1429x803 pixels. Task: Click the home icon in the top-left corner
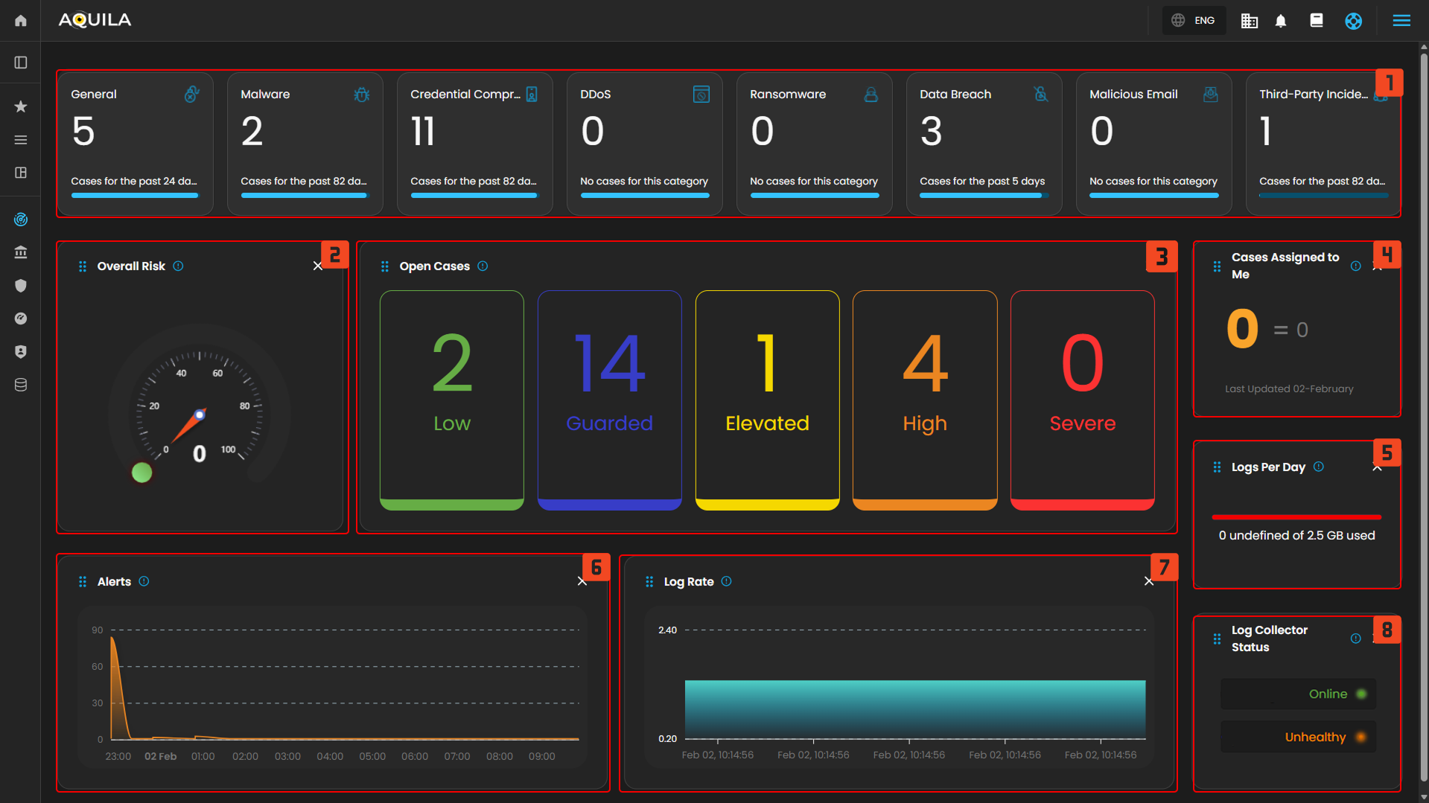21,21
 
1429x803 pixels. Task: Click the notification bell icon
1281,21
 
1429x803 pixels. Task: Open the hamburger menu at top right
1401,21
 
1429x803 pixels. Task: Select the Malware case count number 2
252,132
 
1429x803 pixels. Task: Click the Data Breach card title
955,95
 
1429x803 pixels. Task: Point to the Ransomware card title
788,95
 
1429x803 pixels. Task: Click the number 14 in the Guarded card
609,364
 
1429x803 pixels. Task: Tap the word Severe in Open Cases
1082,423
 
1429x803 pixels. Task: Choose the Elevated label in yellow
767,423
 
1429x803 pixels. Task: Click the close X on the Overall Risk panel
318,266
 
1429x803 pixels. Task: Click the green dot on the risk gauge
141,473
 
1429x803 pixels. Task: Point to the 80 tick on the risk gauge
244,406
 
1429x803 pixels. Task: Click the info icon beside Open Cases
483,266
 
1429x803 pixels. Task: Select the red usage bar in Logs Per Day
1296,516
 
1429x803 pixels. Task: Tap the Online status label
1328,694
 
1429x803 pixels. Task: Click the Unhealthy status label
1315,738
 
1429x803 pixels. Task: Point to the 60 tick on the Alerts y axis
98,667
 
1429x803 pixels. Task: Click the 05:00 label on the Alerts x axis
372,757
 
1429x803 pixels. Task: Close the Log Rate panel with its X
1149,582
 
